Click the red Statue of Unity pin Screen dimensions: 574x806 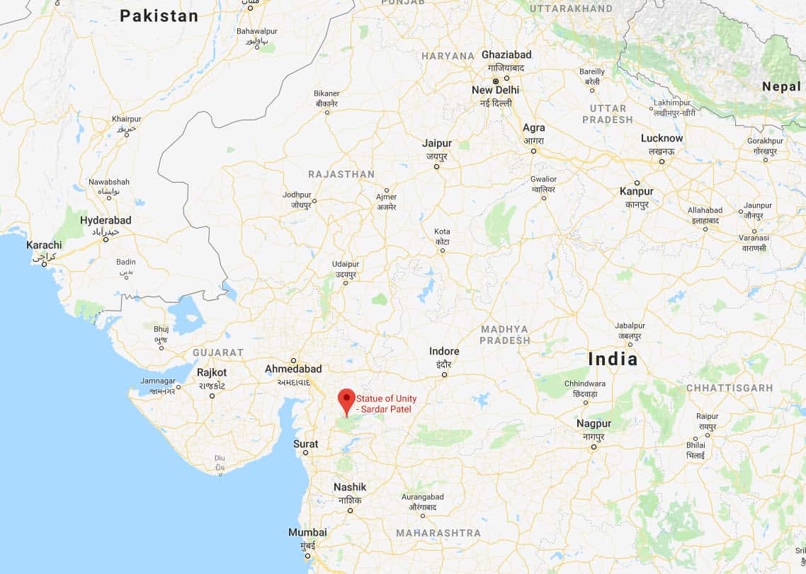pos(346,400)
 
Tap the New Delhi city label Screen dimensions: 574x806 pos(495,90)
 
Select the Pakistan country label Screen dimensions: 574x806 pos(159,16)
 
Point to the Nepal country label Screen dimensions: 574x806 pos(781,86)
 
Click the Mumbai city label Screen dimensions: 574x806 pos(307,532)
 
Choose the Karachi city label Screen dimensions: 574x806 pos(44,245)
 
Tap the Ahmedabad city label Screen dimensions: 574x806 pos(293,369)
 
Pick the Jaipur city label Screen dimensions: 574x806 pos(436,143)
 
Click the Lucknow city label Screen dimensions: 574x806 pos(662,138)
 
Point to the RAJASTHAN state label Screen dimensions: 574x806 pos(341,174)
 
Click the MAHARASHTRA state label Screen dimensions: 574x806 pos(438,533)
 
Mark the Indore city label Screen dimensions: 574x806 pos(444,351)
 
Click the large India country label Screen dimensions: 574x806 pos(613,359)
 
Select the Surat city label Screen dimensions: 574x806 pos(306,444)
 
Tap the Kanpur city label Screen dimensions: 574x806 pos(636,191)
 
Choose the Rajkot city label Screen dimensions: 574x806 pos(212,372)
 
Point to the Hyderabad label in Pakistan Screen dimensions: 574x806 pos(106,220)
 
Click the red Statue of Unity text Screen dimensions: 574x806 pos(386,403)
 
